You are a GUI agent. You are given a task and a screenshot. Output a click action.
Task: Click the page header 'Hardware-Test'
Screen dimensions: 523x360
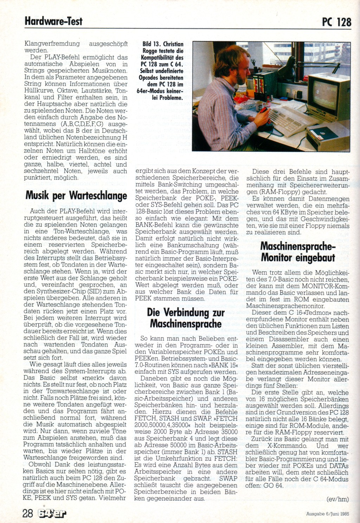tap(53, 21)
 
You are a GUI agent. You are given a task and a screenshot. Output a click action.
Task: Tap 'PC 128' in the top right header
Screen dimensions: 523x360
tap(336, 22)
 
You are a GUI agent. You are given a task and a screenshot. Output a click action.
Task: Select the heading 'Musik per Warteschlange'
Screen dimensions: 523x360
tap(76, 195)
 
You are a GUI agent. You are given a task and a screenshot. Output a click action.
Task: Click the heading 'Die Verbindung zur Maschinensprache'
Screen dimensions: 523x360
tap(186, 318)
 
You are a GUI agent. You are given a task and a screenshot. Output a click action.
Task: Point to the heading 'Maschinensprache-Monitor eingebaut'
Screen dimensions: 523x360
tap(298, 252)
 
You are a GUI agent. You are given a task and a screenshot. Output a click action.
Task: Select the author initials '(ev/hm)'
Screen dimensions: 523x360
tap(337, 499)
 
